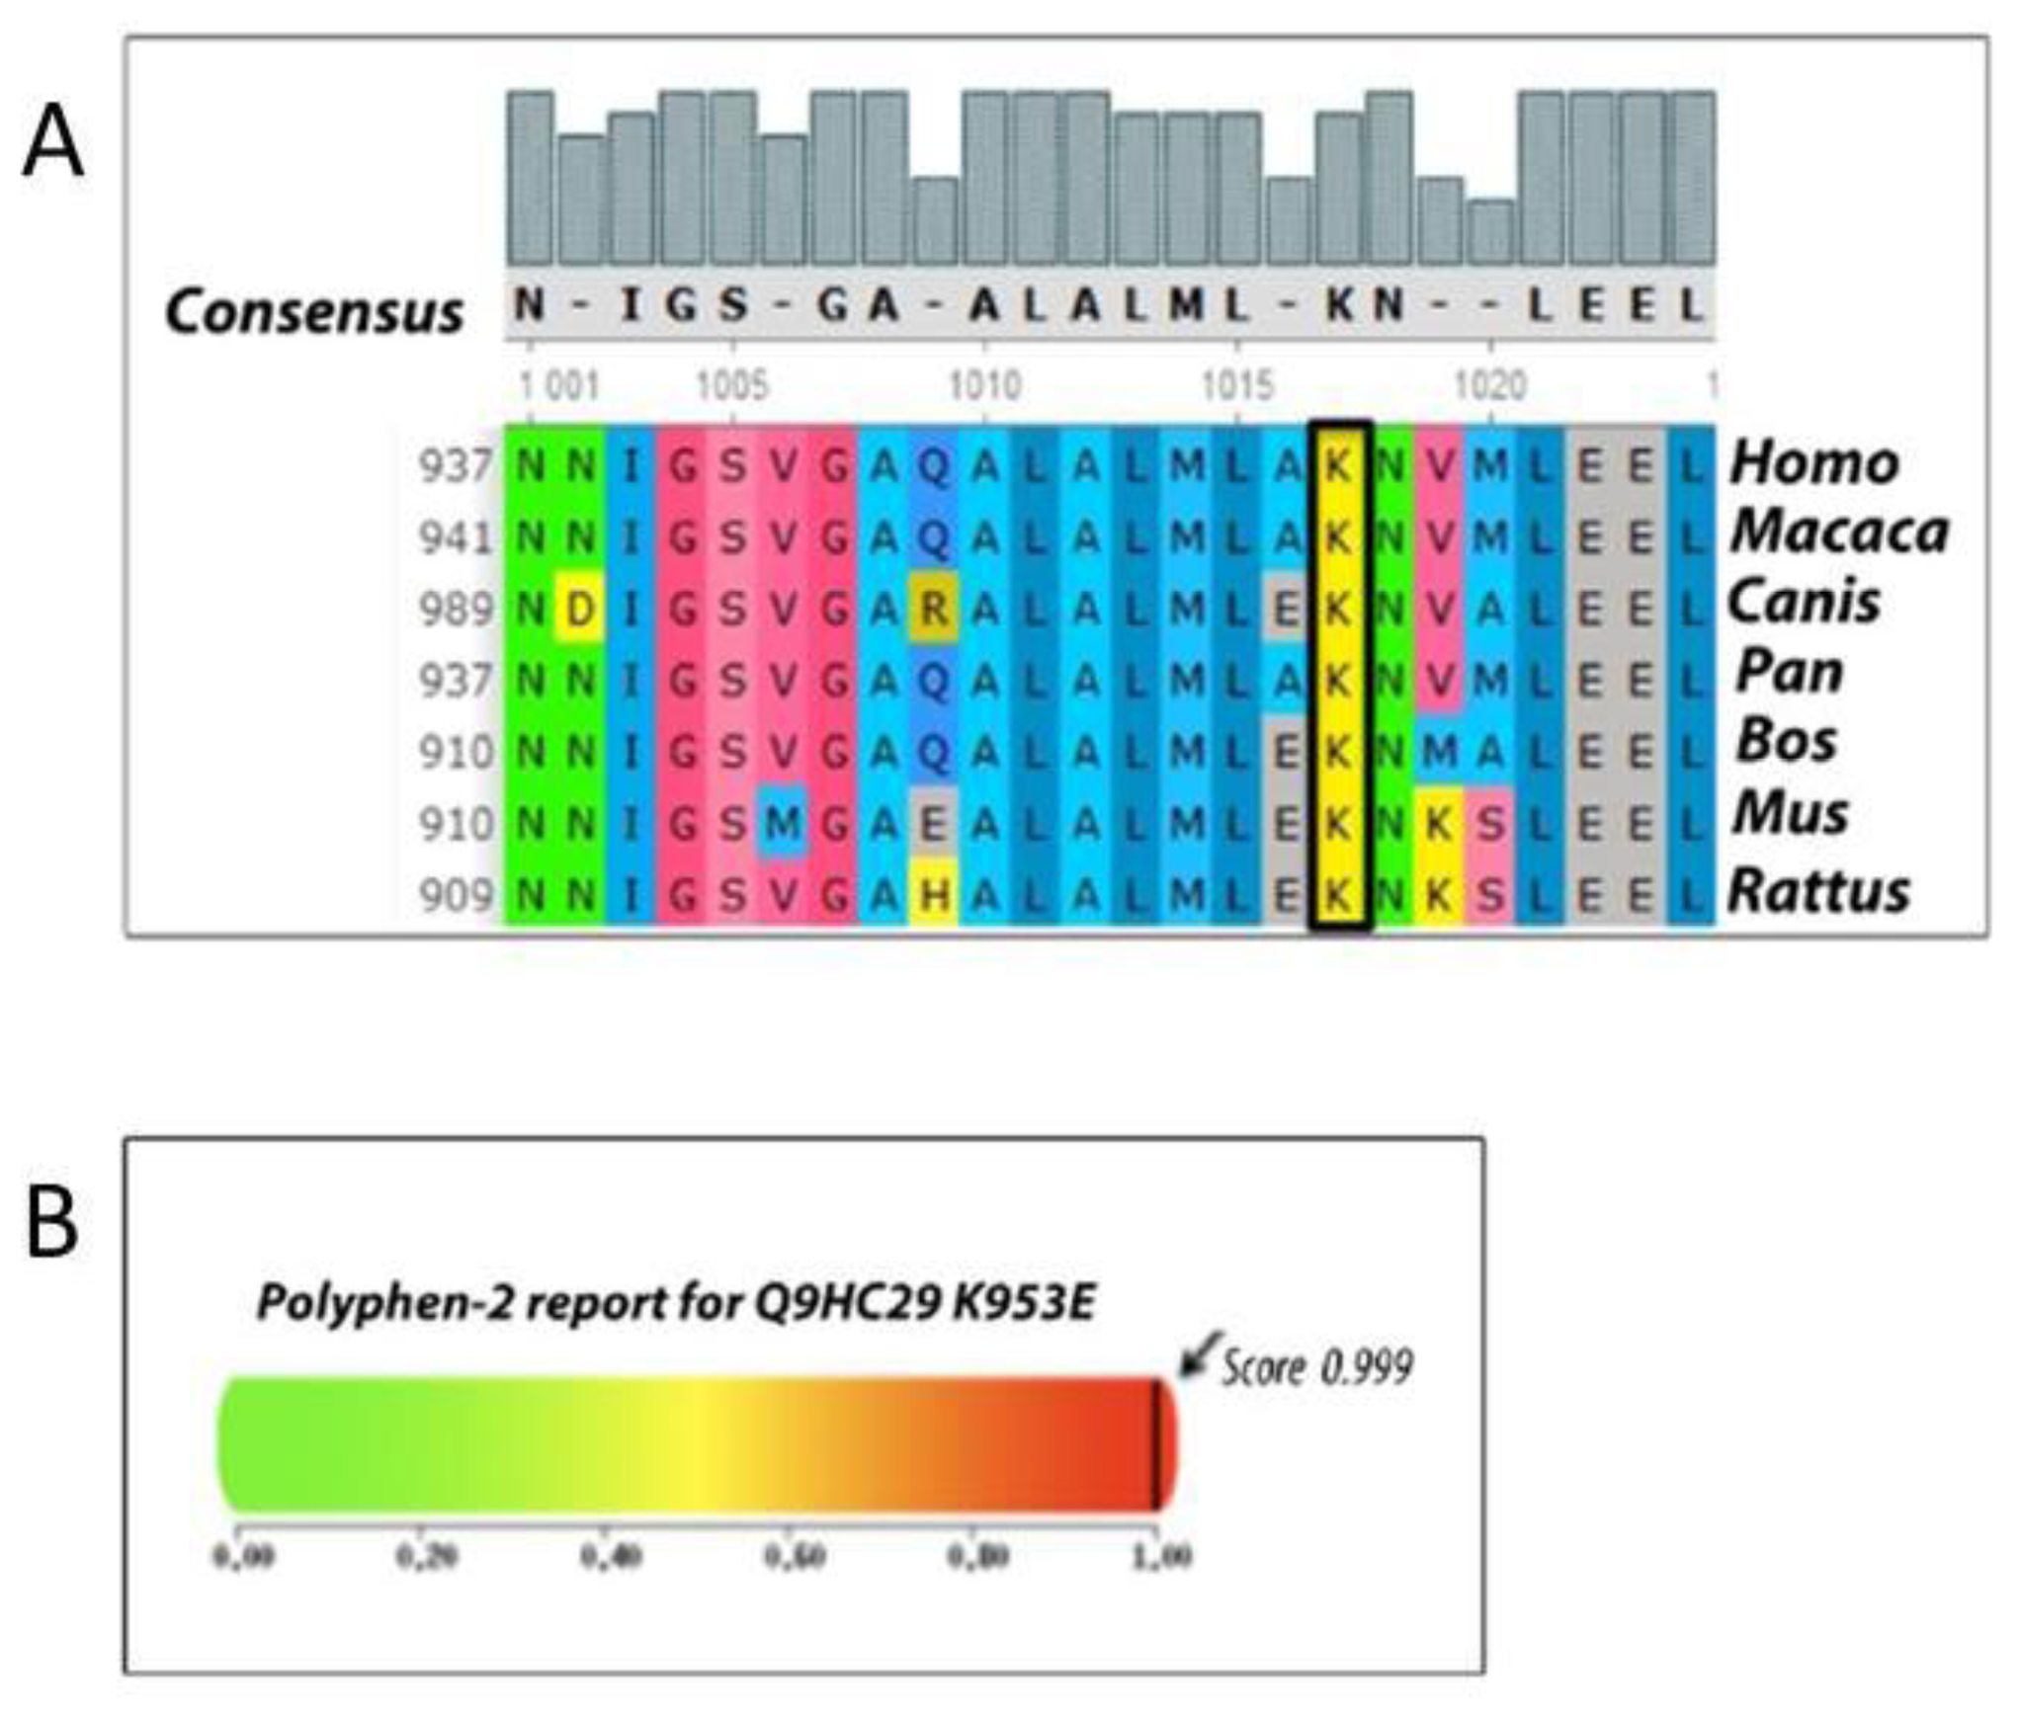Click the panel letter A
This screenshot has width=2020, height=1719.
53,145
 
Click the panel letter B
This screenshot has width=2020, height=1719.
51,1223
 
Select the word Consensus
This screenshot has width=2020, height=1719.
314,312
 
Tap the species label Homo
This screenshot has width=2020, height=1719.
1814,462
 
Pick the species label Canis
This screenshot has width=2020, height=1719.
1804,602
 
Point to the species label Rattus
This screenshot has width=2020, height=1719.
1818,892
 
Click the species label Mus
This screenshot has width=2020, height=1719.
1791,814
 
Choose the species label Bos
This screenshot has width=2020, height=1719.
1787,741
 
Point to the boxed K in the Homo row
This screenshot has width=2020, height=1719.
1338,465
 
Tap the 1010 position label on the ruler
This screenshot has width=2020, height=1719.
984,385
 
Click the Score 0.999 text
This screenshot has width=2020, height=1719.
1317,1367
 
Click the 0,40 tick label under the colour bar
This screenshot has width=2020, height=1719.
611,1556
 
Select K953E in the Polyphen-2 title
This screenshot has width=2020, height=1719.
1024,1303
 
